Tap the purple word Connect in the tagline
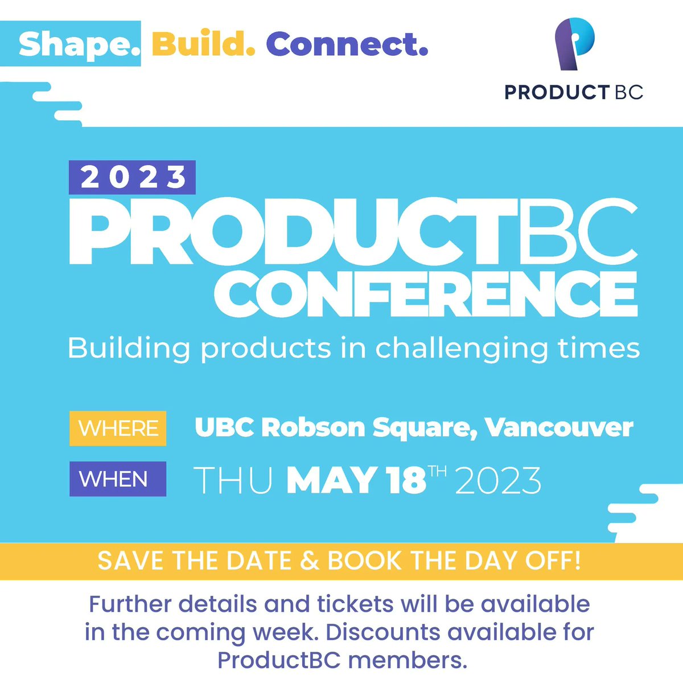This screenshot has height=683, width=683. coord(347,44)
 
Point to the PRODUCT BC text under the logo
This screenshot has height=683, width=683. coord(574,92)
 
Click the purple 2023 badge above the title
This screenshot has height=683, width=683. coord(132,178)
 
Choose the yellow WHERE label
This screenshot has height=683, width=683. coord(118,428)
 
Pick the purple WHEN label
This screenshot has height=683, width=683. coord(118,479)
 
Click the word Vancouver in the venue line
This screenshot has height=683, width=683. coord(559,428)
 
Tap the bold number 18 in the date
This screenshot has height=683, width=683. coord(405,480)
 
